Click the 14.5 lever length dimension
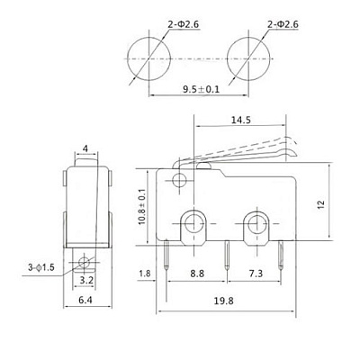pos(241,120)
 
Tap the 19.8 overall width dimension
pos(224,301)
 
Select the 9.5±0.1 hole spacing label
pos(202,89)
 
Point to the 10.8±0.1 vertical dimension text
pos(141,206)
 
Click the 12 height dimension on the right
pos(321,204)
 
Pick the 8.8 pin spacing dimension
pos(197,274)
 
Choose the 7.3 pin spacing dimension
pos(256,274)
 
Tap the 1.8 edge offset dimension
pos(145,274)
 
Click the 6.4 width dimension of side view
pos(85,300)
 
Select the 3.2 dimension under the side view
pos(86,281)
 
